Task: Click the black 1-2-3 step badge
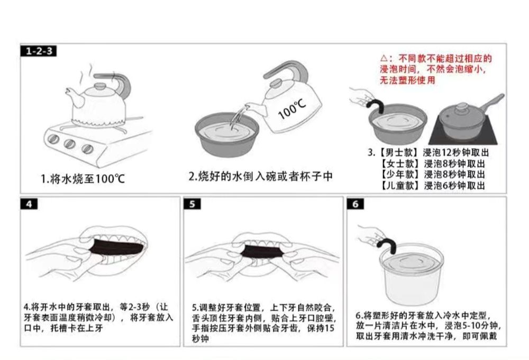pos(39,51)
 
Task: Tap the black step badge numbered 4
pos(29,204)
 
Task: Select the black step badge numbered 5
pos(193,204)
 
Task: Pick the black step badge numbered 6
pos(355,204)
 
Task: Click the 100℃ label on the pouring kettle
pos(291,109)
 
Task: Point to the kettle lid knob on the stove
pos(100,86)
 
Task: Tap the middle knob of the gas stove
pos(69,143)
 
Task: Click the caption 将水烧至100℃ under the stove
pos(83,178)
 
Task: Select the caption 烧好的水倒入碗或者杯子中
pos(260,176)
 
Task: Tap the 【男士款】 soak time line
pos(428,152)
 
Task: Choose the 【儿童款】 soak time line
pos(433,185)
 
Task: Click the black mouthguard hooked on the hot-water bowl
pos(377,104)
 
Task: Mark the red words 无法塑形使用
pos(407,80)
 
